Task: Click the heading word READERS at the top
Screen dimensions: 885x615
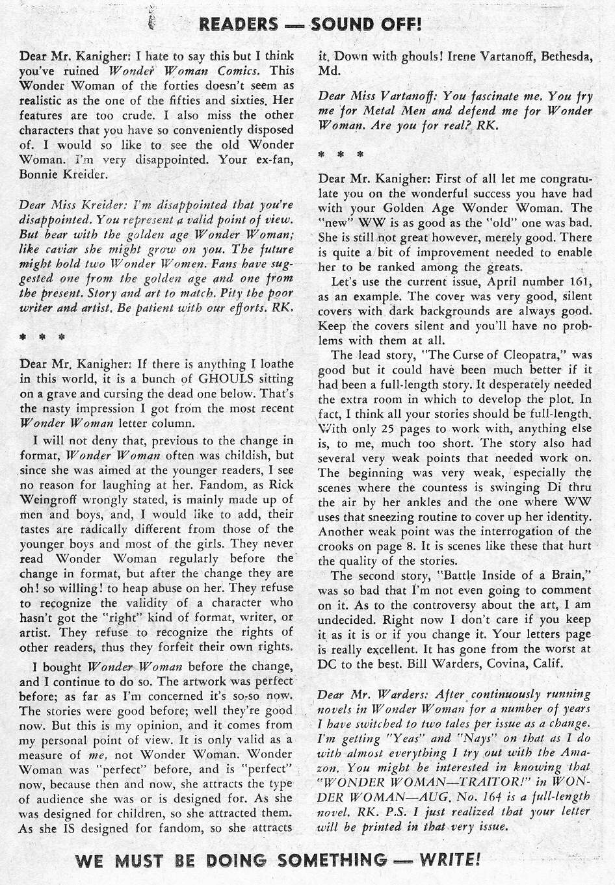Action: [238, 24]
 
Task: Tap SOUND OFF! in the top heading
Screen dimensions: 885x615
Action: [366, 24]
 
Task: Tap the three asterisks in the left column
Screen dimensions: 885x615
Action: [42, 338]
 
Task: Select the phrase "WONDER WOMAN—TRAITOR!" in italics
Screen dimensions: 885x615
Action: [430, 782]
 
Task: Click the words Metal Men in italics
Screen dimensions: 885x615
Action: [401, 111]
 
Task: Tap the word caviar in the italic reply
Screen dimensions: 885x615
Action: [60, 248]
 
